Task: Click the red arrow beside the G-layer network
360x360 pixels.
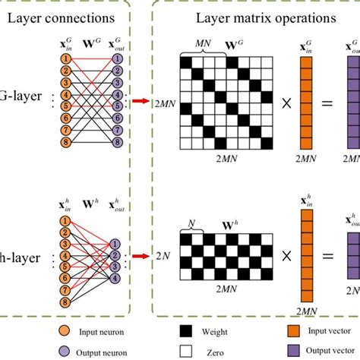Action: pyautogui.click(x=140, y=99)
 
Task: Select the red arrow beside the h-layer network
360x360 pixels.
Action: pyautogui.click(x=140, y=256)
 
